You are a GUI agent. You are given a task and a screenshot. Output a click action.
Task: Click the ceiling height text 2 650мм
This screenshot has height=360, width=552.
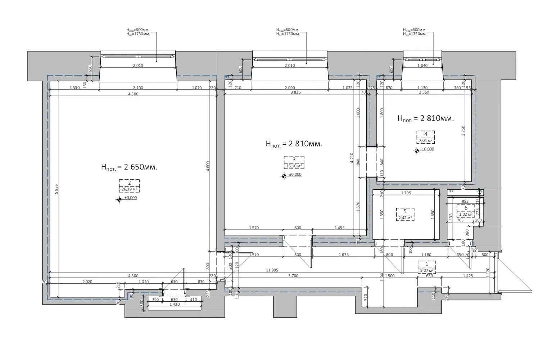130,167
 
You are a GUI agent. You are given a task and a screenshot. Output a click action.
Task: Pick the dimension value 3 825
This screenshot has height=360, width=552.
295,93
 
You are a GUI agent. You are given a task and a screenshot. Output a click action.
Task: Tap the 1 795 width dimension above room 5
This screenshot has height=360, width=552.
406,193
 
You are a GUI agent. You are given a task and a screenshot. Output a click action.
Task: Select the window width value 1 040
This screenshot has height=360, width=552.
423,66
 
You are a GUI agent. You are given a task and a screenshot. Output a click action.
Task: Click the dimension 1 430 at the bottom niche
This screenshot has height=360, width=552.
175,305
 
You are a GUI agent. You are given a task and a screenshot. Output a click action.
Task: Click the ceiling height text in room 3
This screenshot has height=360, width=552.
294,144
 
